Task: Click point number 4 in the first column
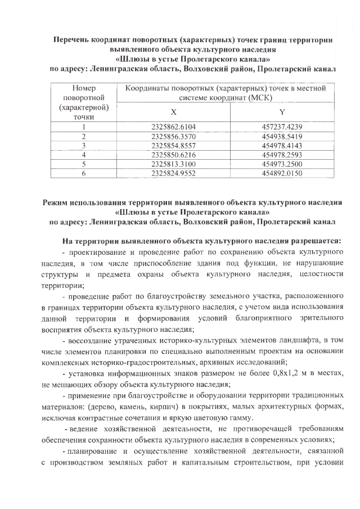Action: (83, 155)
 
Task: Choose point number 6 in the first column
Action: (83, 174)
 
